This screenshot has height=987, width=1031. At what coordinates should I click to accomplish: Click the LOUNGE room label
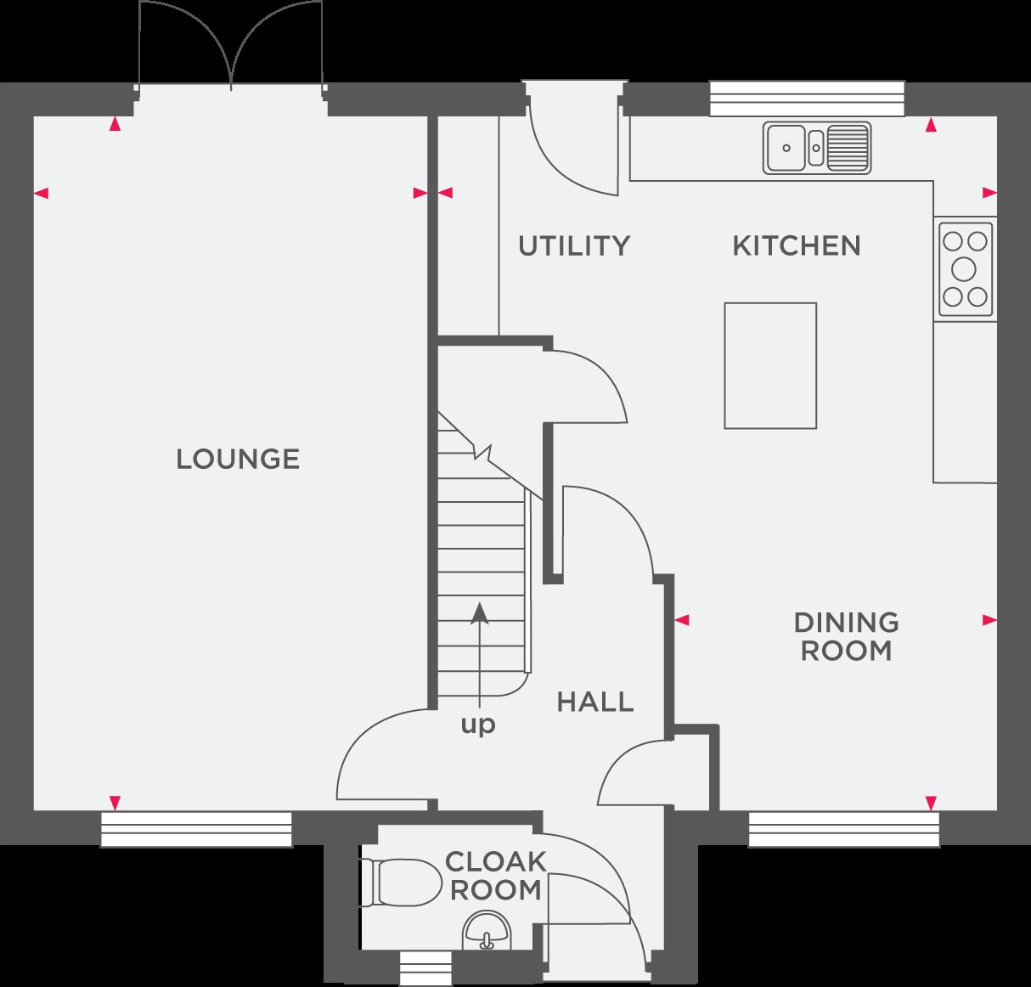pos(238,460)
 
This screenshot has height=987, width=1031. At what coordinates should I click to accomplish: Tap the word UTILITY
pos(574,246)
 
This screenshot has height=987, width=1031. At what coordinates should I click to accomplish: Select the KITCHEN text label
pos(797,246)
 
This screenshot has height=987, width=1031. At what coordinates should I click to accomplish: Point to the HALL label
pos(595,702)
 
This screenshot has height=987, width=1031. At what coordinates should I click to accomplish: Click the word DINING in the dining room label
pos(846,623)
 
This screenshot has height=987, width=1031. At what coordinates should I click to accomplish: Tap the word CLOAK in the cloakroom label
pos(495,862)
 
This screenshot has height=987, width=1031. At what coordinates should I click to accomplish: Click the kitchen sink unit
pos(817,148)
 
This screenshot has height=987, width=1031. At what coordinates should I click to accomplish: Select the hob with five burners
pos(966,269)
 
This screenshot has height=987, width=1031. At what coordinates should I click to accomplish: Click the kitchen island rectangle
pos(770,365)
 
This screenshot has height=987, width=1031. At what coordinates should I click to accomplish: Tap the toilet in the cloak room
pos(400,883)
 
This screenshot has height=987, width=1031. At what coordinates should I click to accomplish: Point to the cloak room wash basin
pos(487,931)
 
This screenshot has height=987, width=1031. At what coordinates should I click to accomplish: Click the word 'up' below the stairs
pos(478,725)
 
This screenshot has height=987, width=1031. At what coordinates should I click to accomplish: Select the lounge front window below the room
pos(196,829)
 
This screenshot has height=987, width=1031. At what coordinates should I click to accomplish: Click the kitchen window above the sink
pos(807,99)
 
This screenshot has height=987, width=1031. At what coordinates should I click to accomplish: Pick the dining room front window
pos(844,829)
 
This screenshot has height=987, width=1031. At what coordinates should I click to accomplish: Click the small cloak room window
pos(425,968)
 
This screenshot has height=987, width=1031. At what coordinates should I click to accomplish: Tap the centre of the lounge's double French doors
pos(231,86)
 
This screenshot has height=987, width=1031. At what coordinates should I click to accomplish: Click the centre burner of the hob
pos(964,269)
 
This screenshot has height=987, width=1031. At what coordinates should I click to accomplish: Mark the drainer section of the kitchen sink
pos(848,148)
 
